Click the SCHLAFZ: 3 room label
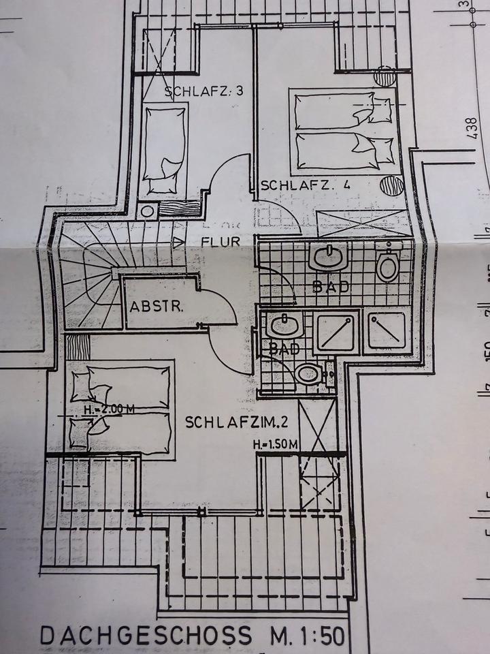click(203, 92)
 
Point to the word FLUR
click(220, 241)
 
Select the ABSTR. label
click(157, 306)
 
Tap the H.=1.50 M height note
click(275, 445)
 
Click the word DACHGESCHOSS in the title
click(146, 635)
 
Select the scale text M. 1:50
click(305, 635)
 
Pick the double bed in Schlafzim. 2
click(122, 406)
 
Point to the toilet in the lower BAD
click(310, 374)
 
